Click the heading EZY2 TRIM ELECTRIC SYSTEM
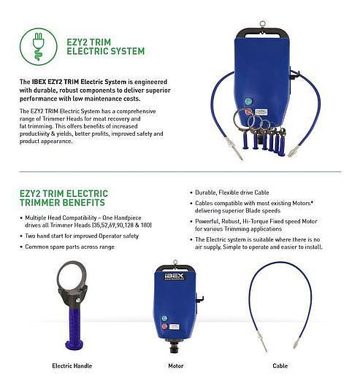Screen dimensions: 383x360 [x=102, y=46]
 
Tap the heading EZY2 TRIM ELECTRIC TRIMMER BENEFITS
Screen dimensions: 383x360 [x=64, y=198]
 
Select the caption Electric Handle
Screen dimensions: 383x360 [x=72, y=364]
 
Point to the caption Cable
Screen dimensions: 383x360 [x=280, y=364]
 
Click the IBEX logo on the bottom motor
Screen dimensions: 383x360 [x=175, y=276]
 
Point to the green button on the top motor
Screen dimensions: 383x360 [x=248, y=101]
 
